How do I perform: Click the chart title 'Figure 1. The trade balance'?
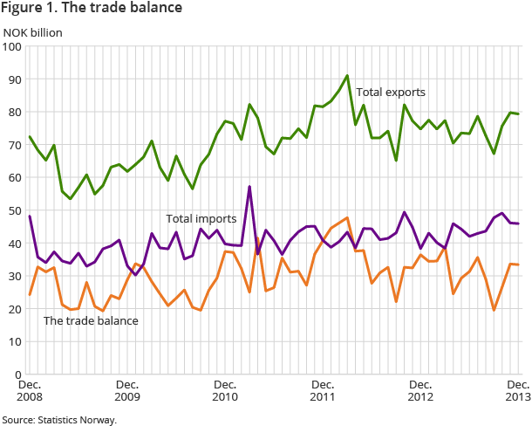tap(92, 9)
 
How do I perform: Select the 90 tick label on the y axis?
tap(14, 79)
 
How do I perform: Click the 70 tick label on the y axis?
tap(14, 145)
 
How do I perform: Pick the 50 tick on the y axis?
tap(14, 210)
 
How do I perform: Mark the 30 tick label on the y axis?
tap(14, 276)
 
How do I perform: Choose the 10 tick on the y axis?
tap(14, 341)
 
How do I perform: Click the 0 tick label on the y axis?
tap(17, 374)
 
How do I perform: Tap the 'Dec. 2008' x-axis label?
tap(30, 390)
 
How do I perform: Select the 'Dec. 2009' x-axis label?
tap(127, 390)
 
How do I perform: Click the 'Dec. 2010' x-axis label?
tap(225, 390)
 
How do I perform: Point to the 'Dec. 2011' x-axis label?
tap(324, 390)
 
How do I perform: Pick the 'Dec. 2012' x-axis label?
tap(421, 390)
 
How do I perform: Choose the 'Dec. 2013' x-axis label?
tap(518, 390)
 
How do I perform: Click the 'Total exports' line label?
tap(390, 91)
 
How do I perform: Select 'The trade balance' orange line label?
tap(91, 320)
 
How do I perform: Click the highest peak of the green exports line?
tap(347, 76)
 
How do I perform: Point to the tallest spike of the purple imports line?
tap(249, 187)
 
